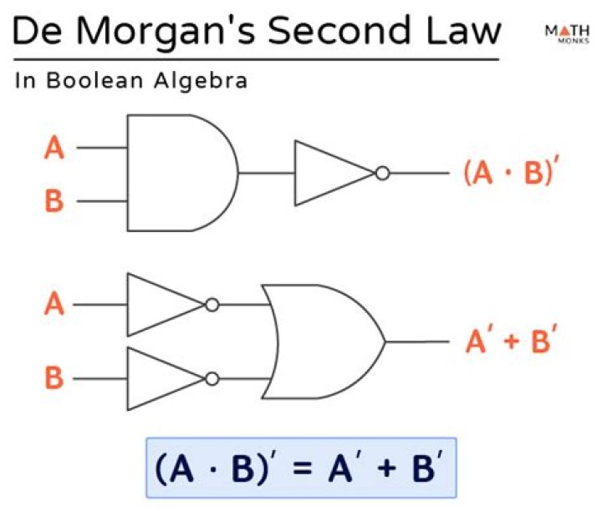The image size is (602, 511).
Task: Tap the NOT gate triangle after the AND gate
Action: (x=330, y=173)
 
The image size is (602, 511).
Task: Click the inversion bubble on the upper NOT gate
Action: (x=382, y=173)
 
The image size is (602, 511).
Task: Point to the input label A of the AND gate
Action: (x=54, y=149)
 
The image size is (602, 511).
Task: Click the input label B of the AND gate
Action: (x=54, y=200)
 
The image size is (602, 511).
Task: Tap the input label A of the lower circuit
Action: (x=54, y=305)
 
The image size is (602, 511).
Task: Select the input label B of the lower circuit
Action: (x=54, y=378)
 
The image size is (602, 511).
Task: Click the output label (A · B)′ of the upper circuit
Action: (x=509, y=173)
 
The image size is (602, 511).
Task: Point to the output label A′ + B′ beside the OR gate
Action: (x=510, y=341)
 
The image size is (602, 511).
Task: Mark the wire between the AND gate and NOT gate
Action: (x=266, y=173)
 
